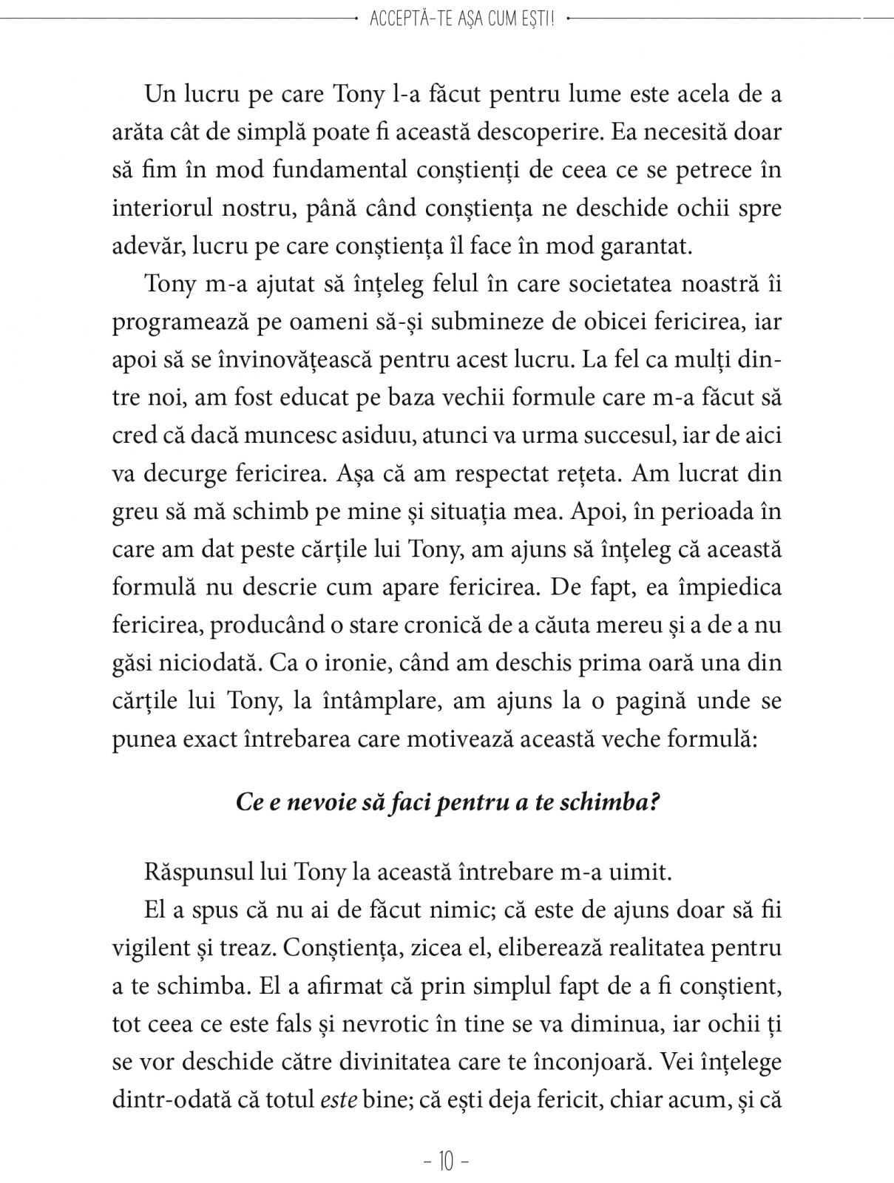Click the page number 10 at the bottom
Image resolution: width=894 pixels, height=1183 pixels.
447,1162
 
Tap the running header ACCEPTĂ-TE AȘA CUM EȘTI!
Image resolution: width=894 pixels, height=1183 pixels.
461,18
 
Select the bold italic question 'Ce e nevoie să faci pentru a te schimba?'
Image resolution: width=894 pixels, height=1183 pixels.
447,803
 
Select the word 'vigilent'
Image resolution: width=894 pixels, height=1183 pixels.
152,948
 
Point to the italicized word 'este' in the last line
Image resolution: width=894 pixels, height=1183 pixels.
339,1099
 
